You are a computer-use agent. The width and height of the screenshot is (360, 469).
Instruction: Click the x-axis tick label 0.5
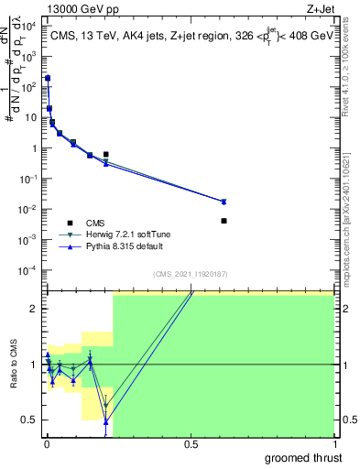(x=191, y=443)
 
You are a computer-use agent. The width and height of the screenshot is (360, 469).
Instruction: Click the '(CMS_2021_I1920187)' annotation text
(x=190, y=274)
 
